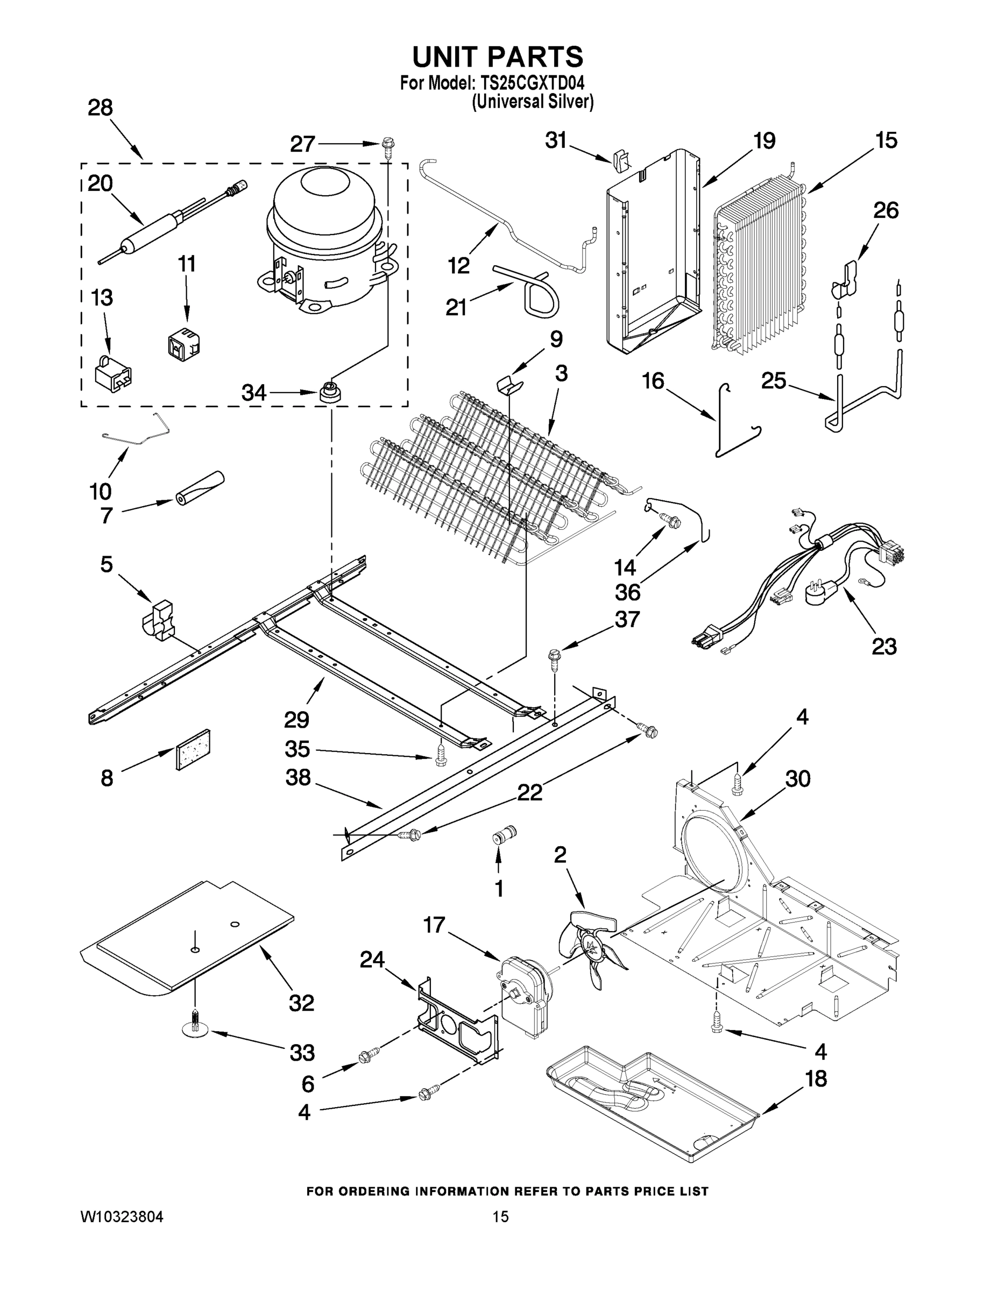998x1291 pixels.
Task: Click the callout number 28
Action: click(100, 108)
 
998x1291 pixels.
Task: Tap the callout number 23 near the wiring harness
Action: click(884, 646)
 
